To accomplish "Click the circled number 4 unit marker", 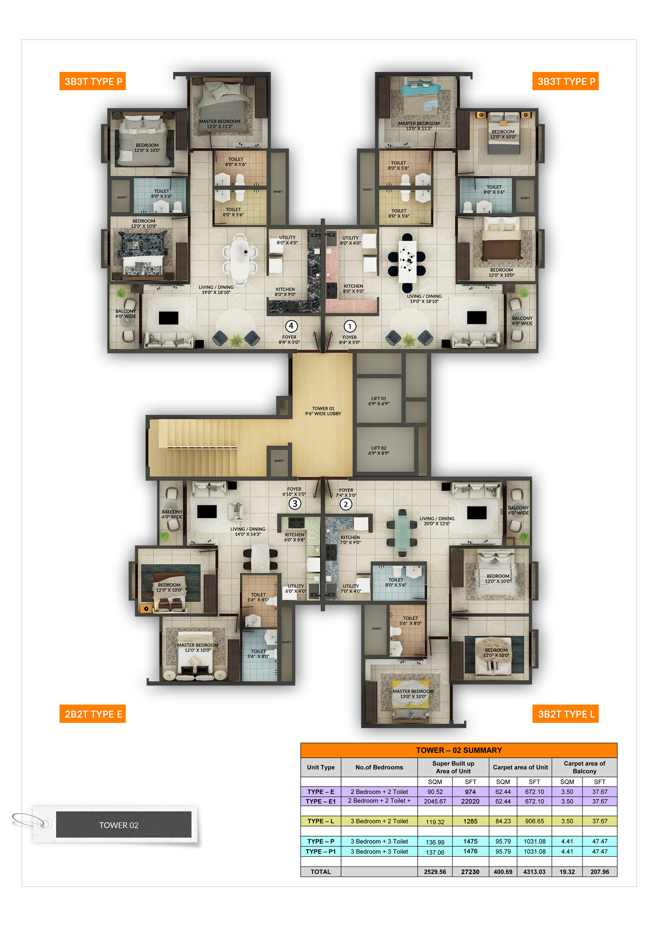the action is pos(291,326).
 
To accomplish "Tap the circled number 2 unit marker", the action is pos(346,504).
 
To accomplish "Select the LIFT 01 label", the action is pos(379,401).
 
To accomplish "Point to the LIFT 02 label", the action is pos(379,451).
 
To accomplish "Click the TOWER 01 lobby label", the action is pos(323,411).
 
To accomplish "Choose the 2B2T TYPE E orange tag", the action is pos(93,714).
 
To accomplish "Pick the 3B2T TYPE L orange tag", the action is pos(565,714).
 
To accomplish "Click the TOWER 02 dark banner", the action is pos(123,825).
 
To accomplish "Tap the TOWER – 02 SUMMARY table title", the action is pos(459,750).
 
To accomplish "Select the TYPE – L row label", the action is pos(321,821).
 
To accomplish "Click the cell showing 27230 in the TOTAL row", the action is pos(470,872).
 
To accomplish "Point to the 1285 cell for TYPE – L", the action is pos(470,821).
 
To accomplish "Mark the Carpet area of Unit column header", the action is pos(520,767).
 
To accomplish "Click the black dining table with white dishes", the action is pos(407,262).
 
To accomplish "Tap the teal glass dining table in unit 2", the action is pos(402,533).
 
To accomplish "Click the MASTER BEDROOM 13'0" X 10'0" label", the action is pos(413,694).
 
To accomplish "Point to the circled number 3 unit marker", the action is pos(295,503).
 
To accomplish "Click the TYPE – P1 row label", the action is pos(321,851).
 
